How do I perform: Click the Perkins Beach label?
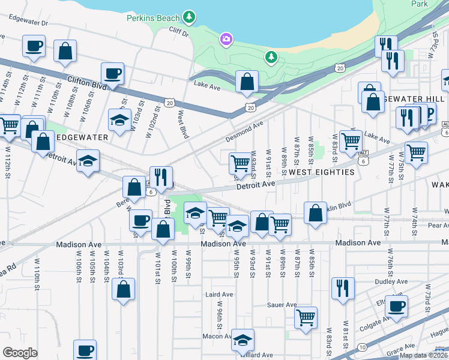[153, 17]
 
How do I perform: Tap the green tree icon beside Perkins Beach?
[190, 17]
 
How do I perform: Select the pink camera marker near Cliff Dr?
[226, 40]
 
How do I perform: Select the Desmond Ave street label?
[245, 131]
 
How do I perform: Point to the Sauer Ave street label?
[283, 305]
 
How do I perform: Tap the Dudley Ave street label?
[375, 281]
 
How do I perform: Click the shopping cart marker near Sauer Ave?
[306, 317]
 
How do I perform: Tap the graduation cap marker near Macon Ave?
[243, 340]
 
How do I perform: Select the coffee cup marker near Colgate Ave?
[396, 306]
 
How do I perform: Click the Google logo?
[20, 353]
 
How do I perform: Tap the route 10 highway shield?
[363, 347]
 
